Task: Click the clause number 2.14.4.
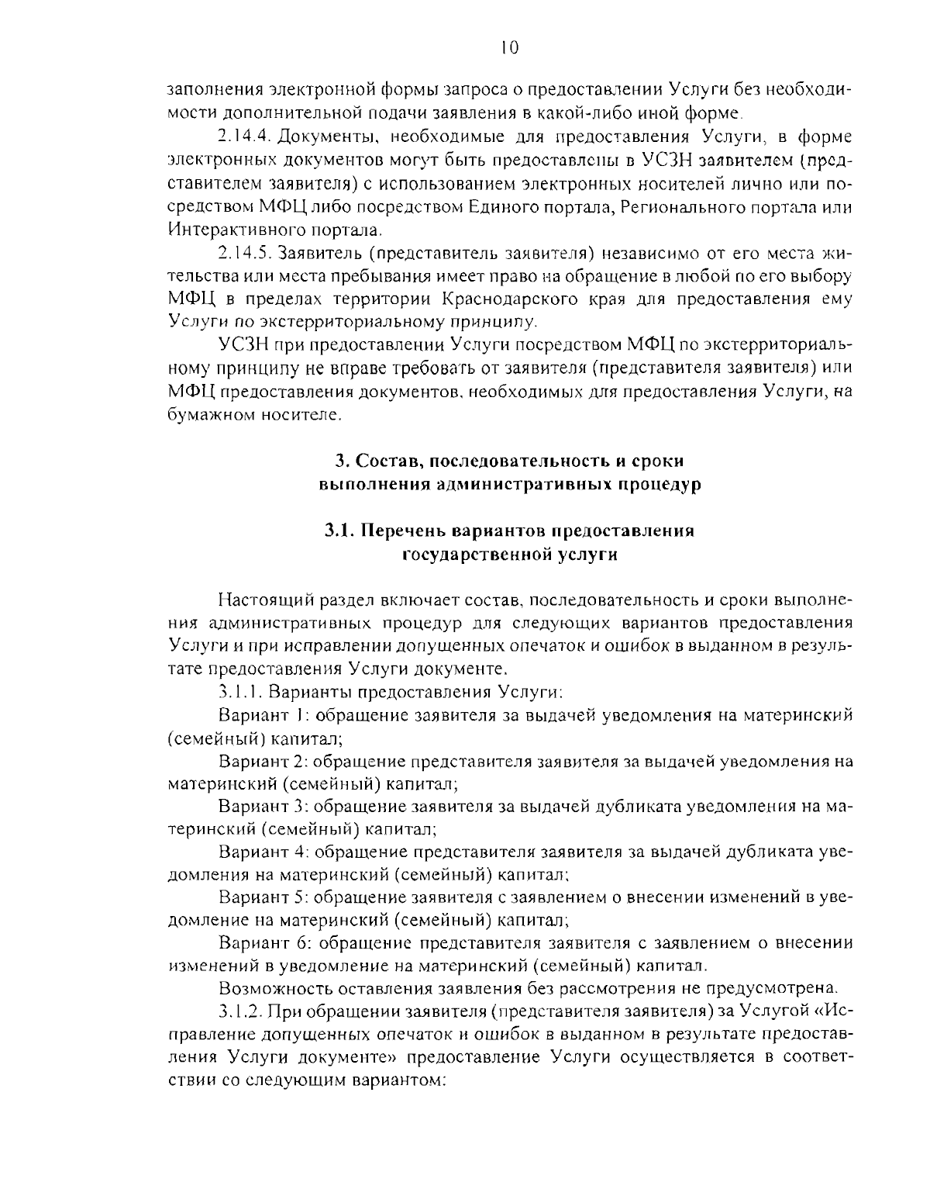[x=244, y=137]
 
